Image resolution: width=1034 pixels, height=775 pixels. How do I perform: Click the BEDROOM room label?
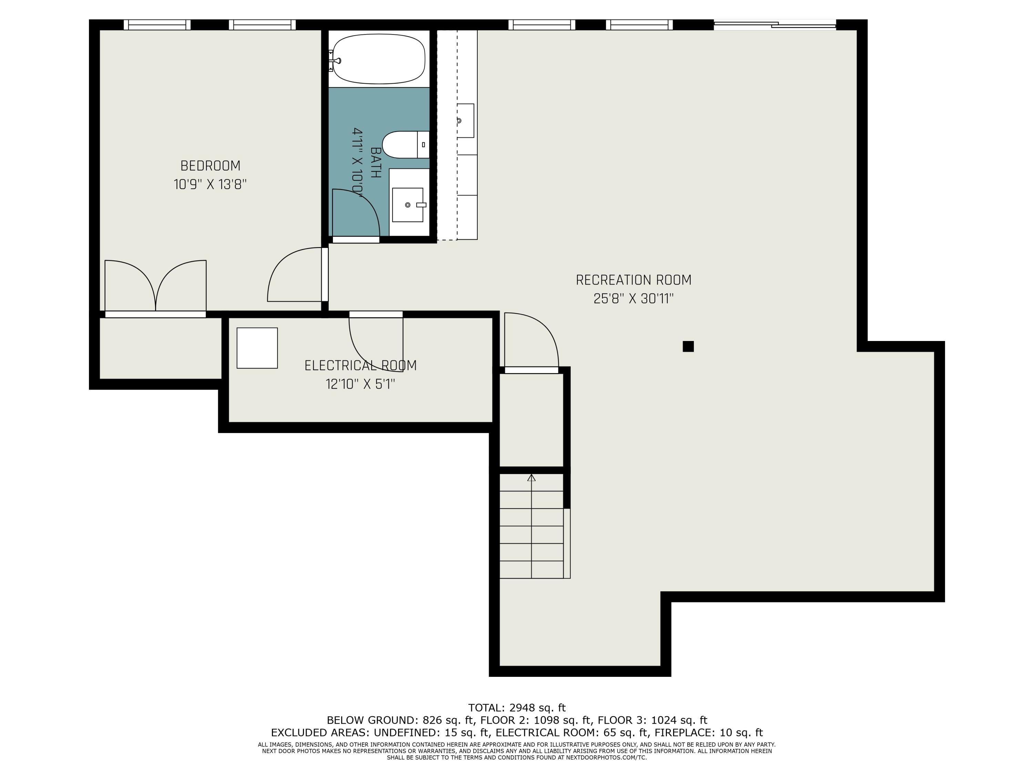(210, 166)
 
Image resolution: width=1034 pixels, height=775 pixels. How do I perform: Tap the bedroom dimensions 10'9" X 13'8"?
(210, 185)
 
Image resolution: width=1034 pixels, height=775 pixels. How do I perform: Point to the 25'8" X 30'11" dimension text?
(633, 299)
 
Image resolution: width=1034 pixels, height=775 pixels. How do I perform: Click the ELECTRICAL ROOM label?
(361, 365)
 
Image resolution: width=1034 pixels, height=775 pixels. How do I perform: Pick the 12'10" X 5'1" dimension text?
(361, 384)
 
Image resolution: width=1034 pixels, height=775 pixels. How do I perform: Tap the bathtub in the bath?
(379, 59)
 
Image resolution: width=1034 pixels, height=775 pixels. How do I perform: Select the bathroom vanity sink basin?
(408, 205)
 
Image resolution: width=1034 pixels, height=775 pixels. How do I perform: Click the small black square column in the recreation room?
(688, 346)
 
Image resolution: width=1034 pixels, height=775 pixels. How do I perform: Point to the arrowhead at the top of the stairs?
(531, 477)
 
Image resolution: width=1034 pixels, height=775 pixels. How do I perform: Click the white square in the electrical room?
(257, 348)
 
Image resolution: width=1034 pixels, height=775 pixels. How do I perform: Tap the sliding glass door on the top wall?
(774, 25)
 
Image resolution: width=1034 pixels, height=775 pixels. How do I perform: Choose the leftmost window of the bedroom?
(157, 25)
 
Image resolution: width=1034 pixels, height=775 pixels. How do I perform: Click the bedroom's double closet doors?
(155, 286)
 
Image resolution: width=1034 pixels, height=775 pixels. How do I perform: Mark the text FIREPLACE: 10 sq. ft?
(709, 733)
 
